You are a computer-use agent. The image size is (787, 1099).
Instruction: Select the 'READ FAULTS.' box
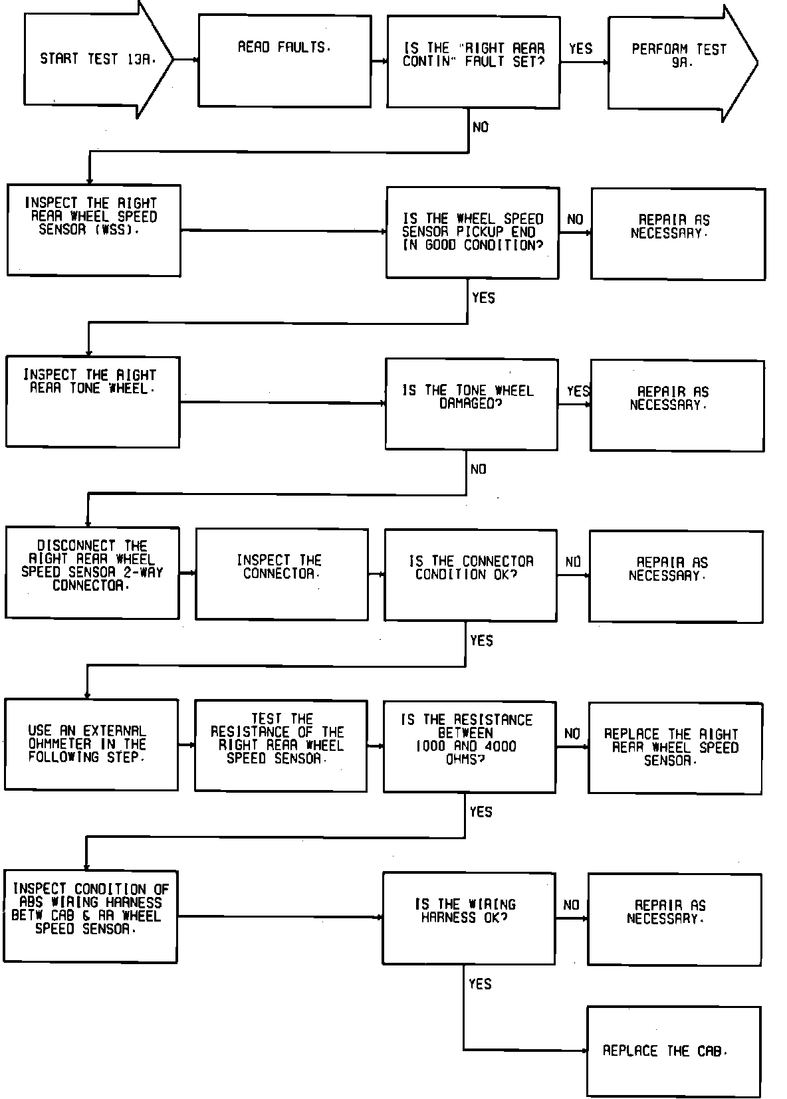coord(284,61)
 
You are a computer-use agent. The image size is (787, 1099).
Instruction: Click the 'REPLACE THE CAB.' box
coord(673,1051)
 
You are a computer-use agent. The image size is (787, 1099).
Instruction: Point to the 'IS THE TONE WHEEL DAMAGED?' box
coord(471,405)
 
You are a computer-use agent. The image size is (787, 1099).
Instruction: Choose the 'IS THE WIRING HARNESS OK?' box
coord(469,918)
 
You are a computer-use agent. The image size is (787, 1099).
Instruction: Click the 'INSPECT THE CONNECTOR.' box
coord(282,575)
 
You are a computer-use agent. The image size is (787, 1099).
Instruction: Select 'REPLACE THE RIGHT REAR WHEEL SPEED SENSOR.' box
coord(675,748)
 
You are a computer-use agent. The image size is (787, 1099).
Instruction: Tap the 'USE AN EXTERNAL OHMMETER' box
coord(91,744)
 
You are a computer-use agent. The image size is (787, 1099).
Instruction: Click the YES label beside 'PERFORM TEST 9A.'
coord(581,49)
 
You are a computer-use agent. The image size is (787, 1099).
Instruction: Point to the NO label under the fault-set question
coord(480,127)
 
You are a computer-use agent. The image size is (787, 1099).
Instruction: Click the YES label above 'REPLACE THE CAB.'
coord(480,983)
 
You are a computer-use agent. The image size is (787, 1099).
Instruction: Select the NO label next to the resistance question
coord(572,734)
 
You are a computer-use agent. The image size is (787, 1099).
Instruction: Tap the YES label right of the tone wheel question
coord(578,391)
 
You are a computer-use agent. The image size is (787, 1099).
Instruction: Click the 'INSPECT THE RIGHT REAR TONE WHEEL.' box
coord(92,401)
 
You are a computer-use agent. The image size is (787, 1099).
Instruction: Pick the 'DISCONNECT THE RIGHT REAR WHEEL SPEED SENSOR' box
coord(92,573)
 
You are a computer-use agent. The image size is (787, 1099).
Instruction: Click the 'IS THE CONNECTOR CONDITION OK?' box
coord(471,575)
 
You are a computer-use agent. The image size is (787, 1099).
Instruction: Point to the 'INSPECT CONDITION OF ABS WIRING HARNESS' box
coord(90,916)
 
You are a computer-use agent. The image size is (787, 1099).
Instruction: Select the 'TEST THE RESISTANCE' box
coord(281,746)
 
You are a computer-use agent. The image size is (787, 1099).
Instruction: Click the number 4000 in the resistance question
coord(501,746)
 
